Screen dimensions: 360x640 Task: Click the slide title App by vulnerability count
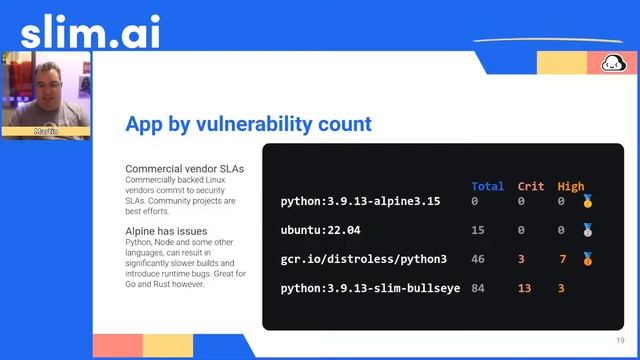[x=248, y=124]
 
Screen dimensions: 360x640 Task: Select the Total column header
[x=487, y=186]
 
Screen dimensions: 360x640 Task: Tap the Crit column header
[x=530, y=186]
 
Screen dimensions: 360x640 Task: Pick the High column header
[x=570, y=186]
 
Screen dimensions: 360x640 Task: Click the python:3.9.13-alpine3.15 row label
[x=360, y=202]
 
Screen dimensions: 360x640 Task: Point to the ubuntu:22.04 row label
[x=320, y=230]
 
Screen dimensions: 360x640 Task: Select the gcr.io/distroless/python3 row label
[x=363, y=259]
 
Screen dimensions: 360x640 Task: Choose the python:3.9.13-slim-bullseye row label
[x=370, y=288]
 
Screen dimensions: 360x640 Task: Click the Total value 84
[x=477, y=288]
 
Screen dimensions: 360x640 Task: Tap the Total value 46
[x=477, y=259]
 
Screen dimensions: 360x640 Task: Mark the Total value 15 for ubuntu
[x=477, y=230]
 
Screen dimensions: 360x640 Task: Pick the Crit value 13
[x=524, y=288]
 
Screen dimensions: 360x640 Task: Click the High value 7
[x=563, y=259]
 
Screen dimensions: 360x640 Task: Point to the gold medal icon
[x=587, y=202]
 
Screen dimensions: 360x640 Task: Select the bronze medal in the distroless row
[x=587, y=259]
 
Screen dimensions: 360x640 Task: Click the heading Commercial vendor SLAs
[x=184, y=169]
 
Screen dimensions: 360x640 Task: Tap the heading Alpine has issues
[x=167, y=231]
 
